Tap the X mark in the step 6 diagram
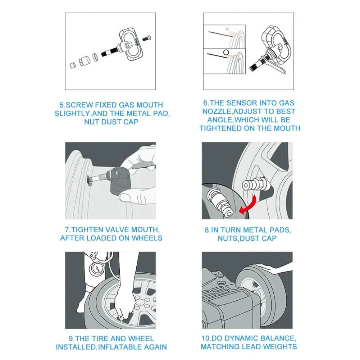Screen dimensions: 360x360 coord(227,29)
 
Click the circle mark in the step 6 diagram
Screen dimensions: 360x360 coord(226,52)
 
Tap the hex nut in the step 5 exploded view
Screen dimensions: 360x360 coord(83,61)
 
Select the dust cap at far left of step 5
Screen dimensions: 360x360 coord(73,65)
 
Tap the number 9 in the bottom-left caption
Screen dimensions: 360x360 coord(71,339)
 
